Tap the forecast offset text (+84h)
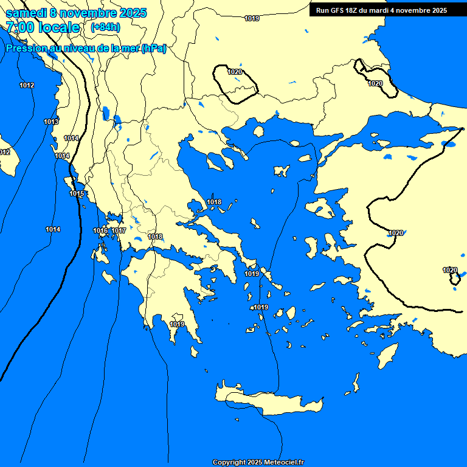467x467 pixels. tap(105, 27)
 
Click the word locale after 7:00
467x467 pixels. tap(58, 27)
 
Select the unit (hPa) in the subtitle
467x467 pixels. tap(154, 49)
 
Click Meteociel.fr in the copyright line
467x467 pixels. tap(283, 462)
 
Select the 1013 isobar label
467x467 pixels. tap(51, 122)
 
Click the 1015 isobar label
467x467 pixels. tap(77, 193)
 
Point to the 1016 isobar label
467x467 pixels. tap(100, 230)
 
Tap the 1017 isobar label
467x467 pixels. tap(119, 230)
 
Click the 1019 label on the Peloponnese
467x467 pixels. tap(177, 324)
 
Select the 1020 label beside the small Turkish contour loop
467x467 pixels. tap(449, 270)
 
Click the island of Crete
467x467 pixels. tap(268, 402)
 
